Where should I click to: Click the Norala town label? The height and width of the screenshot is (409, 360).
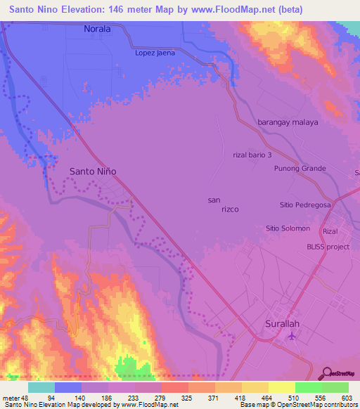click(x=98, y=30)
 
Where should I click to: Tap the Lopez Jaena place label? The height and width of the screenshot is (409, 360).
click(x=156, y=53)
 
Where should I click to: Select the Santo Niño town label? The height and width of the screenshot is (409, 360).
click(x=93, y=171)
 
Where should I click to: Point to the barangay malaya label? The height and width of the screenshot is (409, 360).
click(x=288, y=122)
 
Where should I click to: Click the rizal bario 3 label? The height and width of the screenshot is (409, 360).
click(x=252, y=155)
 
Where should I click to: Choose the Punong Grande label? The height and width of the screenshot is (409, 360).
click(x=300, y=169)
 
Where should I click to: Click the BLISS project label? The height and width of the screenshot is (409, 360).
click(x=328, y=247)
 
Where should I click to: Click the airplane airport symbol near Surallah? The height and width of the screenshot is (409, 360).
click(x=292, y=337)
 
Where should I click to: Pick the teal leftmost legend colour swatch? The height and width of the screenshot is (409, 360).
click(x=41, y=387)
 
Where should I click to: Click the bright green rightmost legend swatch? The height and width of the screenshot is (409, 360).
click(x=335, y=387)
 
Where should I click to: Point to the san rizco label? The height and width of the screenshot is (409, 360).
click(x=224, y=205)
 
